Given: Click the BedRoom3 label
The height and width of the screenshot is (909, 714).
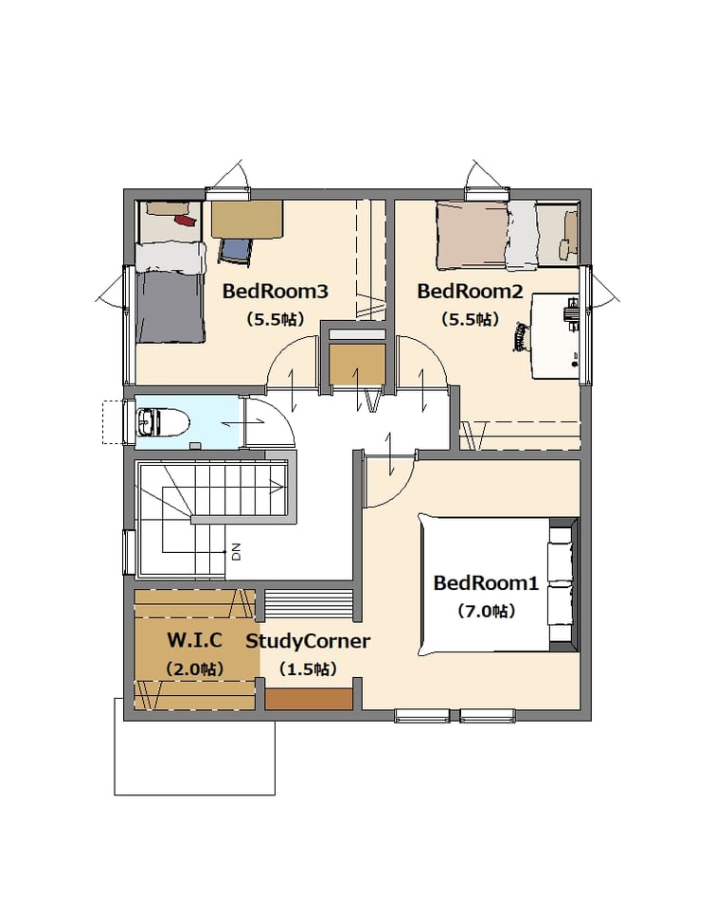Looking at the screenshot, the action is [x=276, y=291].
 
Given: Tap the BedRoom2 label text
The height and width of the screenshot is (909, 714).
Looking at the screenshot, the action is [x=470, y=291].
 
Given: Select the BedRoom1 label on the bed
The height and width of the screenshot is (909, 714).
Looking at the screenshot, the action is [x=486, y=582].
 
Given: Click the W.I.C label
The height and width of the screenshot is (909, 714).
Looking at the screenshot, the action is [x=195, y=640].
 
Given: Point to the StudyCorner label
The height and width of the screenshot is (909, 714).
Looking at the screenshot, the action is [x=308, y=641].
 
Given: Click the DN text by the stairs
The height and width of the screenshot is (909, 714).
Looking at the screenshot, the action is [x=236, y=552].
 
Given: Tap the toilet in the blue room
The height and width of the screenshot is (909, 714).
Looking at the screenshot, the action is [x=163, y=421].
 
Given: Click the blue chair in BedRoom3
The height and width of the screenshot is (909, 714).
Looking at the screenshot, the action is [x=235, y=252].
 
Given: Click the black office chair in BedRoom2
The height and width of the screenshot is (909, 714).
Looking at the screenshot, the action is [x=522, y=337].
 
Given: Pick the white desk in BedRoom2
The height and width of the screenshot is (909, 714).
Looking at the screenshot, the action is [x=556, y=335].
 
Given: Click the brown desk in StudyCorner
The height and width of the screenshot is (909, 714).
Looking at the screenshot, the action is [x=309, y=699].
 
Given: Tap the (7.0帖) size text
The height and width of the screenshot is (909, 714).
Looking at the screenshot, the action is [x=486, y=611].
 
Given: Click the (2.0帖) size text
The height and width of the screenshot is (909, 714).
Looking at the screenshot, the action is [x=195, y=669].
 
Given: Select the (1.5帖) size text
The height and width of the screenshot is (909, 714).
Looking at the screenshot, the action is [x=308, y=669].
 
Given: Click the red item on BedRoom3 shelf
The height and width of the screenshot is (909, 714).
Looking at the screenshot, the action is [x=185, y=221].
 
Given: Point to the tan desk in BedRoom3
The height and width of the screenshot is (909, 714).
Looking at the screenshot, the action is [x=247, y=219].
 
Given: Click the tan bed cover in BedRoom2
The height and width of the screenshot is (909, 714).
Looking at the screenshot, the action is [x=473, y=235].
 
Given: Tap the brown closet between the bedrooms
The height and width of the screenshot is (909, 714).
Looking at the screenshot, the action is [x=357, y=365].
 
